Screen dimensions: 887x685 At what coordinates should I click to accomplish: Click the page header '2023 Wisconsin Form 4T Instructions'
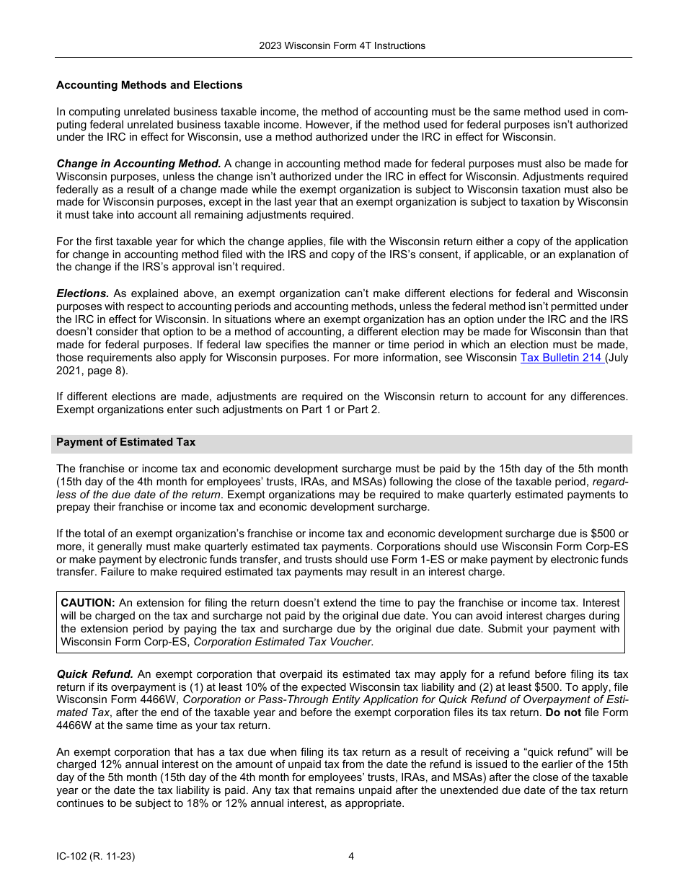pyautogui.click(x=342, y=45)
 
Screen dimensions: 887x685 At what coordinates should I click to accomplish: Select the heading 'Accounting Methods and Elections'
pyautogui.click(x=149, y=85)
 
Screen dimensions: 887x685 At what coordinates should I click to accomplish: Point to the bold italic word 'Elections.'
pyautogui.click(x=83, y=294)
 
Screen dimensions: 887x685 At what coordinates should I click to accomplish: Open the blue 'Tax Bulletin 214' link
pyautogui.click(x=561, y=358)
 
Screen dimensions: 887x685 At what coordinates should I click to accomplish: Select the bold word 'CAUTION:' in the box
pyautogui.click(x=88, y=602)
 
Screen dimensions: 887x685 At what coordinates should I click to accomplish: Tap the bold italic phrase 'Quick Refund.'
pyautogui.click(x=95, y=674)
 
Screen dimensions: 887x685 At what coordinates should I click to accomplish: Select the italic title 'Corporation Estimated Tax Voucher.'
pyautogui.click(x=283, y=641)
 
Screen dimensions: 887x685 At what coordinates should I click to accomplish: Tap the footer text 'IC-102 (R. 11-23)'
pyautogui.click(x=95, y=857)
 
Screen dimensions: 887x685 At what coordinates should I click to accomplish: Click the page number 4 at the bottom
pyautogui.click(x=351, y=857)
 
